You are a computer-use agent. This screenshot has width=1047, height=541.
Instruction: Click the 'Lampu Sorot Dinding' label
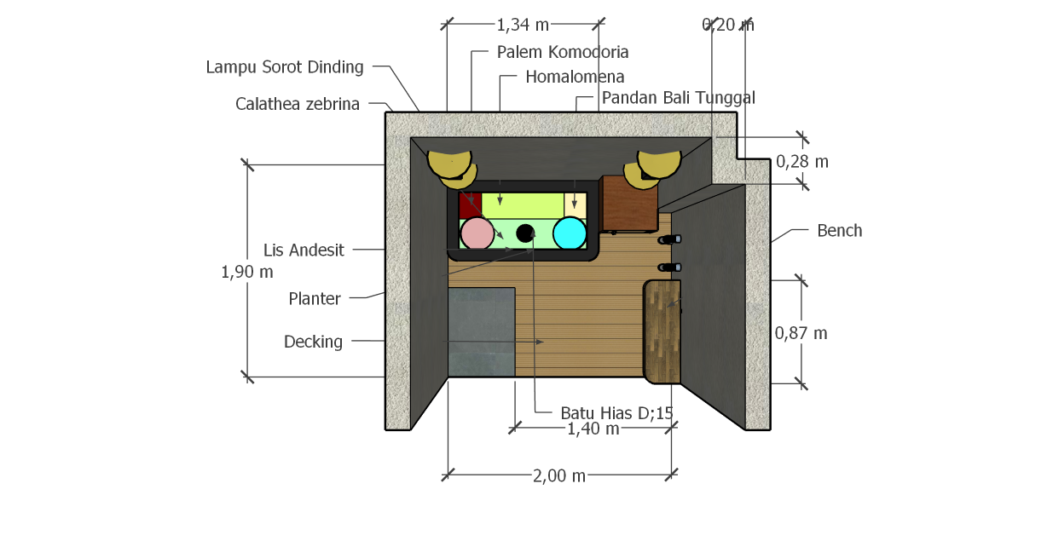(x=285, y=67)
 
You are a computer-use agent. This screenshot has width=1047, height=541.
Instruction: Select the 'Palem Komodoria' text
(x=563, y=52)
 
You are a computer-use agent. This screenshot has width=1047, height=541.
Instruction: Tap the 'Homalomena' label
(x=575, y=77)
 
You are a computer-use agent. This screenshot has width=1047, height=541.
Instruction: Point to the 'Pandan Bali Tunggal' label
(x=678, y=97)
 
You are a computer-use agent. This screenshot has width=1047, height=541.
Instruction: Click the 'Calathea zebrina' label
(x=298, y=104)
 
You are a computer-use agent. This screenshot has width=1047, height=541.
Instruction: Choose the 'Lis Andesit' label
(x=304, y=250)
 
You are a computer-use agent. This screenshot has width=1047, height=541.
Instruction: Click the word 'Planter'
(x=315, y=298)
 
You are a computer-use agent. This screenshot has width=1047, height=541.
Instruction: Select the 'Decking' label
(x=313, y=342)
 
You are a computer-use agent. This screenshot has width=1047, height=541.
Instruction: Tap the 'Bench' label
(x=839, y=230)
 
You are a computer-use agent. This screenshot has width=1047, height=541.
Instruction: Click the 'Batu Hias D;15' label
(x=616, y=413)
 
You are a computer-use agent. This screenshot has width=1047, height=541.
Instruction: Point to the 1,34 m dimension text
(x=523, y=25)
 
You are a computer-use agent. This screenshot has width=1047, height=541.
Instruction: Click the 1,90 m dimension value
(x=247, y=273)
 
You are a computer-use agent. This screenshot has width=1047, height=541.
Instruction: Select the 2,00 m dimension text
(x=559, y=476)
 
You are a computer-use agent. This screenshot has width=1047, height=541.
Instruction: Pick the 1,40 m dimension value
(x=593, y=429)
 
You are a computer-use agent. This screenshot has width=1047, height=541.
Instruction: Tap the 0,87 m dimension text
(x=801, y=333)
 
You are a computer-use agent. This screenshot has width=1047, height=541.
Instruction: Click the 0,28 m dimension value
(x=801, y=161)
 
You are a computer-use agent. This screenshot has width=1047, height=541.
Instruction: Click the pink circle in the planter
(x=477, y=233)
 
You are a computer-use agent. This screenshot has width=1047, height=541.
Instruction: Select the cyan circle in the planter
(x=569, y=233)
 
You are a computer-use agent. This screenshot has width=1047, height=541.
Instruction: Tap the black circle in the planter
(x=525, y=232)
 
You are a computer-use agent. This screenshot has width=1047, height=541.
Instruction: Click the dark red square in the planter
(x=470, y=204)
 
